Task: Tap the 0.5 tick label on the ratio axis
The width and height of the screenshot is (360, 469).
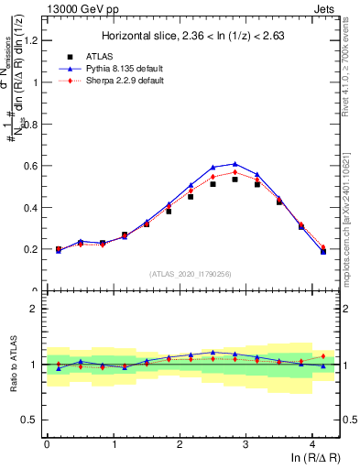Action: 33,420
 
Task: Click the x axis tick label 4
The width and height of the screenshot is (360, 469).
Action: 312,444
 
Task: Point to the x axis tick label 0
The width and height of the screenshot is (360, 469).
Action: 47,444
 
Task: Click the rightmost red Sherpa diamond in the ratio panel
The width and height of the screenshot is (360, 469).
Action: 323,356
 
